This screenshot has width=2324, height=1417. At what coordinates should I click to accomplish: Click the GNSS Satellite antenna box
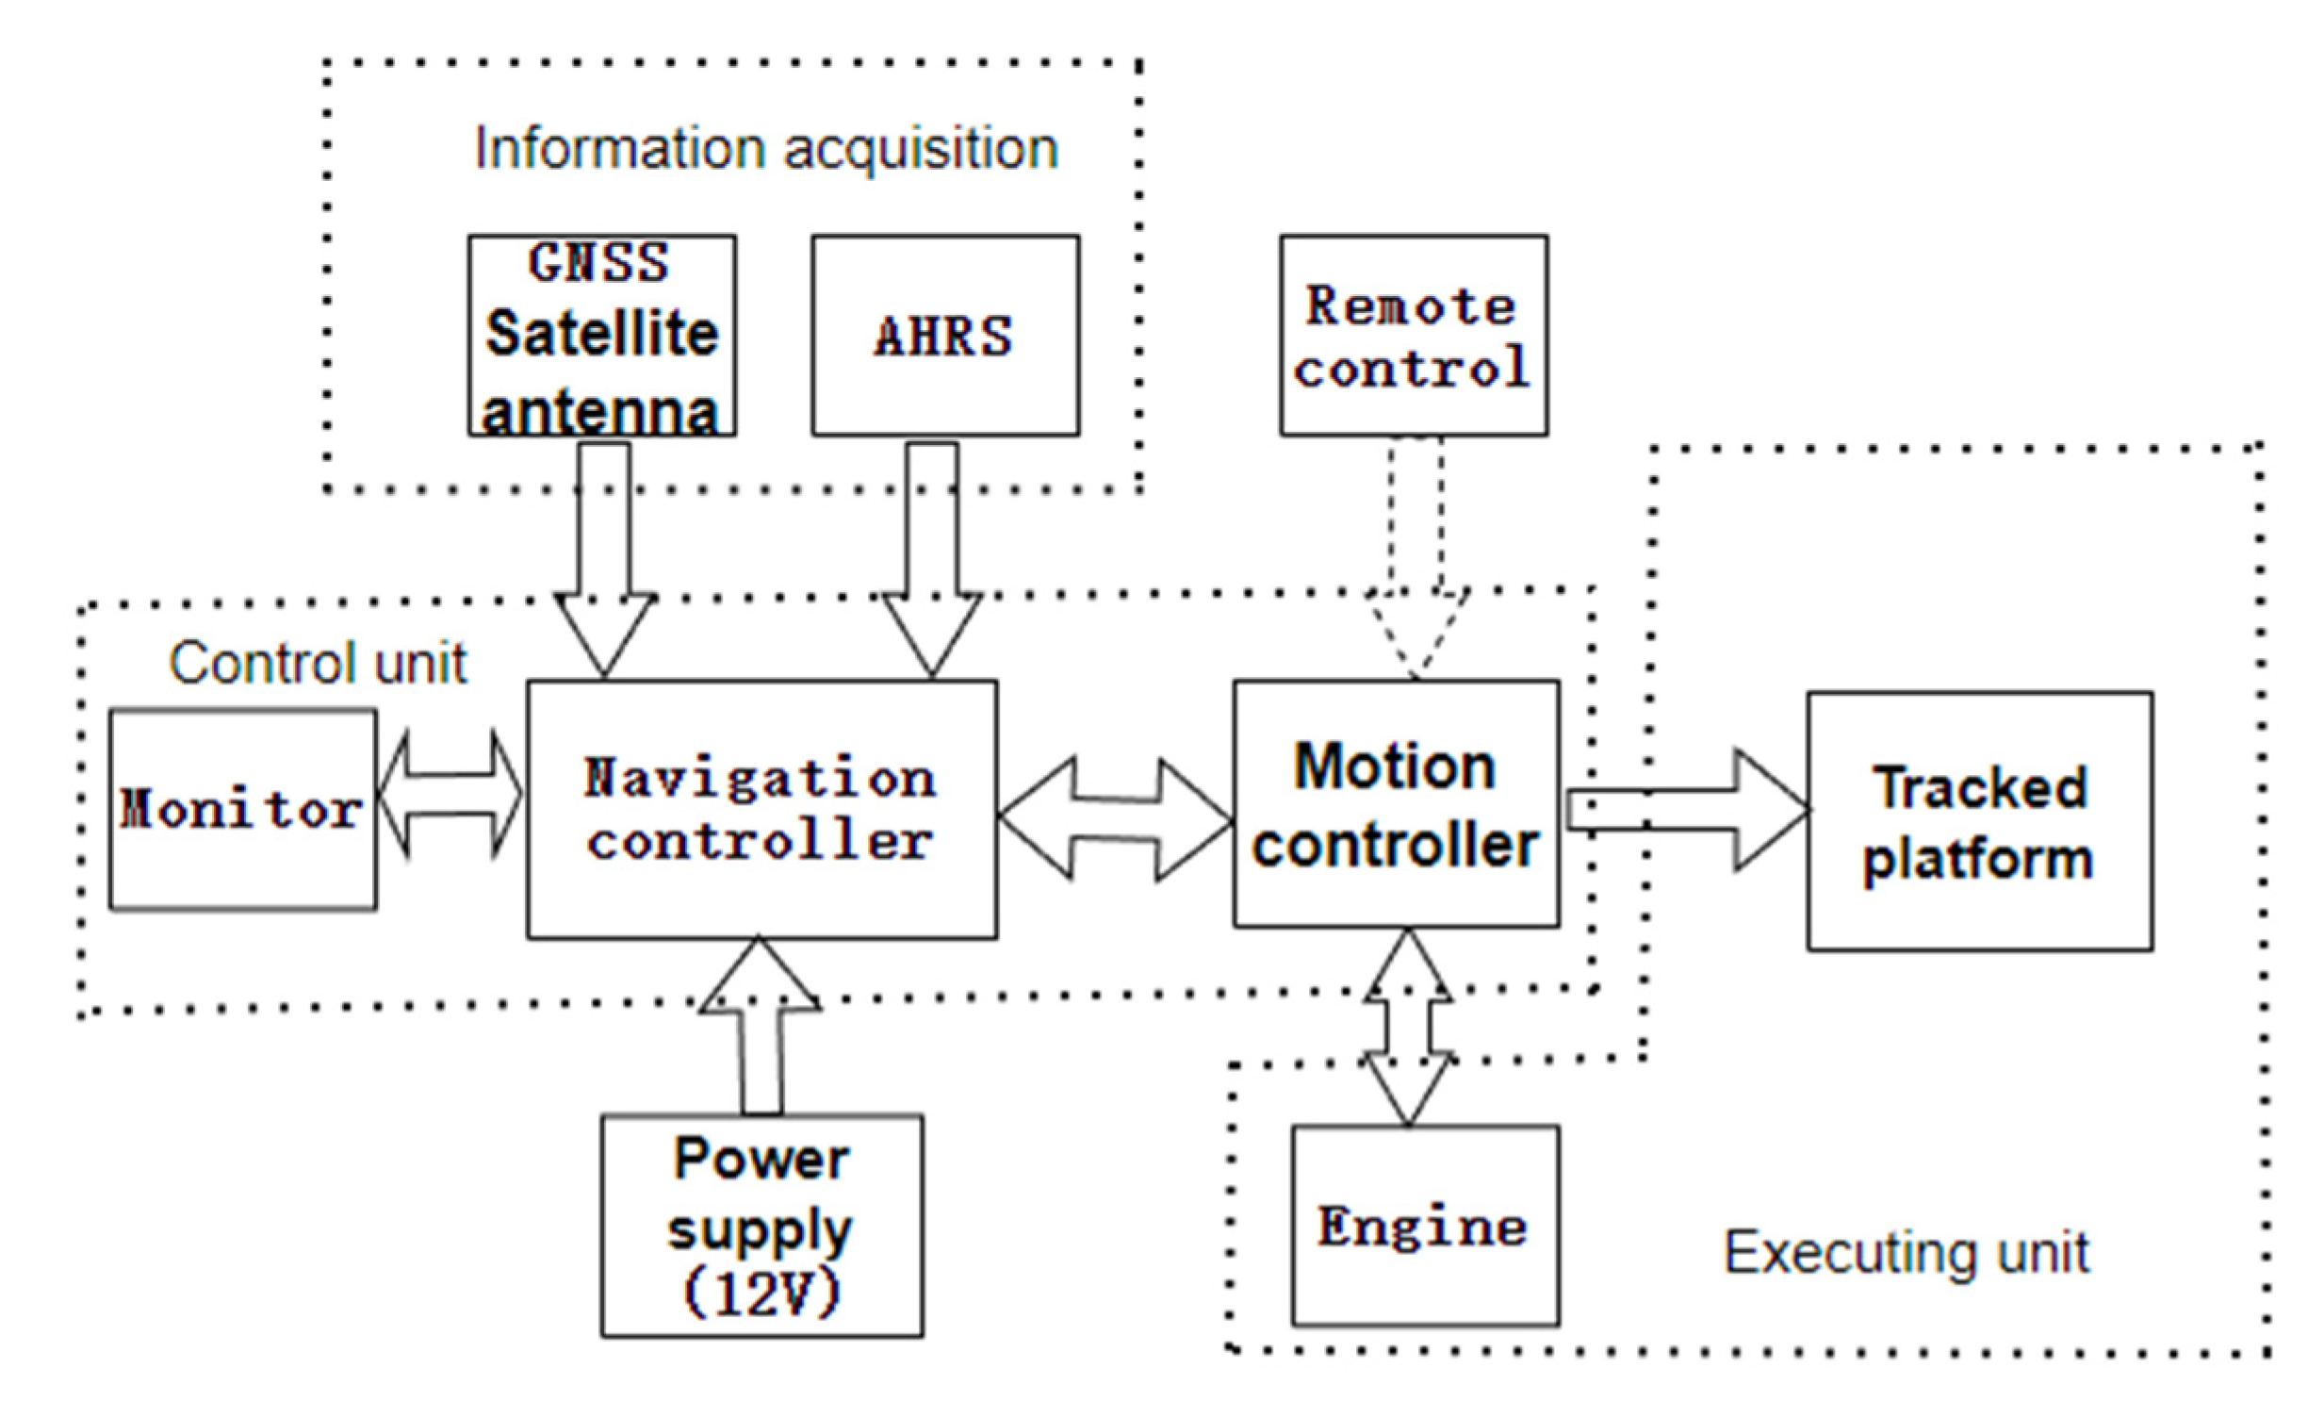tap(602, 335)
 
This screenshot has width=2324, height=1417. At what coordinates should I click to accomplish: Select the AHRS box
tap(945, 335)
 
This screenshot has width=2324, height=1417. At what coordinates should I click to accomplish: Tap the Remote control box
tap(1413, 335)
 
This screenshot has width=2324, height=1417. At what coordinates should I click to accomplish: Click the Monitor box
tap(242, 810)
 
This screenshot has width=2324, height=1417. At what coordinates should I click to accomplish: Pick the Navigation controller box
tap(761, 810)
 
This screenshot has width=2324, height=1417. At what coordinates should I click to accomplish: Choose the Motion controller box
tap(1396, 804)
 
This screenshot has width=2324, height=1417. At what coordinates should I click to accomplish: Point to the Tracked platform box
tap(1980, 821)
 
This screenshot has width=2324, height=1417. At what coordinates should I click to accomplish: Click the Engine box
tap(1424, 1226)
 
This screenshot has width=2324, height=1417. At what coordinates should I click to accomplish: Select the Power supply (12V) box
tap(761, 1226)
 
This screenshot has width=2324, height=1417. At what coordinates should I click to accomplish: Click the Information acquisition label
tap(766, 149)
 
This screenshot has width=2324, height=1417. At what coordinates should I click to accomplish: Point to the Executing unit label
tap(1907, 1253)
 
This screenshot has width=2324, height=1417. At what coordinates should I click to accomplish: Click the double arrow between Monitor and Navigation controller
tap(450, 795)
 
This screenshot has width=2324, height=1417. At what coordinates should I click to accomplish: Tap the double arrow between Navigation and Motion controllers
tap(1115, 819)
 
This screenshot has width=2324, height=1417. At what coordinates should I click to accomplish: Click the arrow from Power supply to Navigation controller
tap(761, 1029)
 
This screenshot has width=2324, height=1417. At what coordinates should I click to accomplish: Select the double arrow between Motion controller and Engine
tap(1408, 1029)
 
